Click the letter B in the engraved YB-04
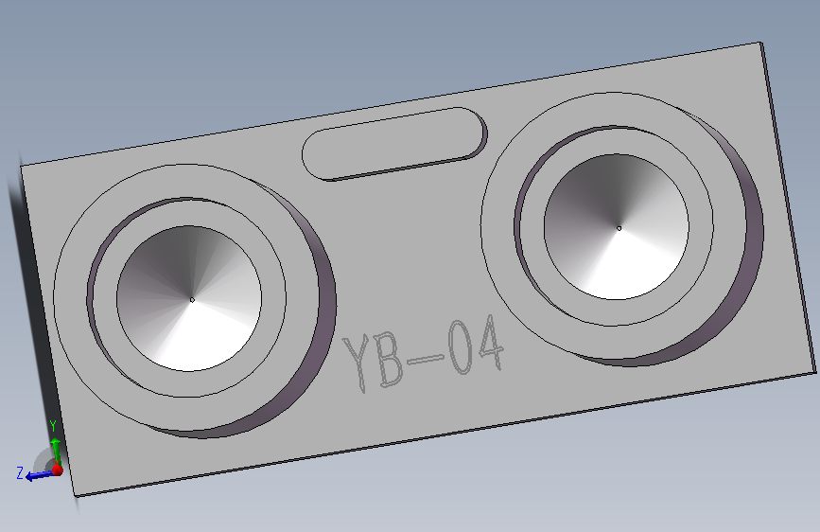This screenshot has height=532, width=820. point(389,358)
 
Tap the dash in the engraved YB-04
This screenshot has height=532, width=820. point(426,359)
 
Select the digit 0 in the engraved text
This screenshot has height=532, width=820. point(461,346)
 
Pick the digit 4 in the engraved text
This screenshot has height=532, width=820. point(490,343)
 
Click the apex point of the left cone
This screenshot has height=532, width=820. point(192,299)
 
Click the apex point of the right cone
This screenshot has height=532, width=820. point(619,228)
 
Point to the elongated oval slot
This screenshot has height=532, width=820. point(394,144)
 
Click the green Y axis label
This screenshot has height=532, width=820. point(53,426)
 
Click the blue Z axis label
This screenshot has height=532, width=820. point(20,473)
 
